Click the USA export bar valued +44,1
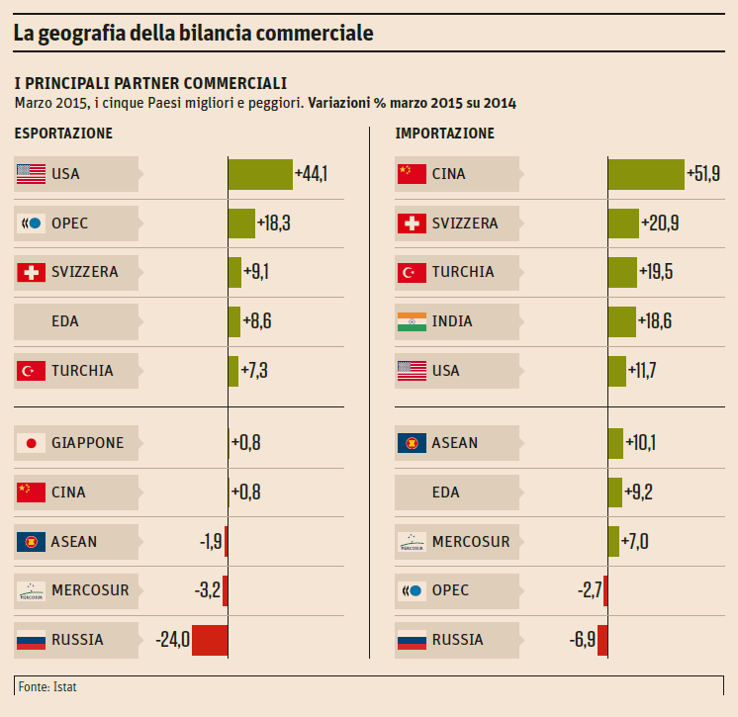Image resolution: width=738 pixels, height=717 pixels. [260, 174]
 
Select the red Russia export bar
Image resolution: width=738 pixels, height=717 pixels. [210, 640]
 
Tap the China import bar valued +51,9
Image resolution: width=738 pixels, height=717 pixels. [646, 174]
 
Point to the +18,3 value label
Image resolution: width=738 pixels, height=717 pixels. [273, 224]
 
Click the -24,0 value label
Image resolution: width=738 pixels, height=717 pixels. [172, 640]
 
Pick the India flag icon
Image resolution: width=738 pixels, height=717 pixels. [412, 321]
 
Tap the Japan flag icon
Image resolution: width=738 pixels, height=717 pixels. [32, 443]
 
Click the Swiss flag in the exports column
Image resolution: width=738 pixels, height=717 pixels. [32, 272]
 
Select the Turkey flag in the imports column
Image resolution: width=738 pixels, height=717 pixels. [412, 272]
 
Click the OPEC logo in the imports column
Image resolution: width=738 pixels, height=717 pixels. [412, 591]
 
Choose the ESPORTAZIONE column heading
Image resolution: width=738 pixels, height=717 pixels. [63, 134]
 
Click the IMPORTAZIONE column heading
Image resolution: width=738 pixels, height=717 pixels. [444, 134]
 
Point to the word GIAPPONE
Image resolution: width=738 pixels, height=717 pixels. [87, 443]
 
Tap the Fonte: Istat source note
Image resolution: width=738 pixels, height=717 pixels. [46, 685]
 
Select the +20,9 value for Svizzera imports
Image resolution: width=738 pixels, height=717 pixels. [660, 224]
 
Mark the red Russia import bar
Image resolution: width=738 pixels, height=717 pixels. [602, 640]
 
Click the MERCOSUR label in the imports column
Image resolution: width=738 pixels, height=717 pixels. [471, 542]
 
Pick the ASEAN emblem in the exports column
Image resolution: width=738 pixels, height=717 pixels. [32, 541]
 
